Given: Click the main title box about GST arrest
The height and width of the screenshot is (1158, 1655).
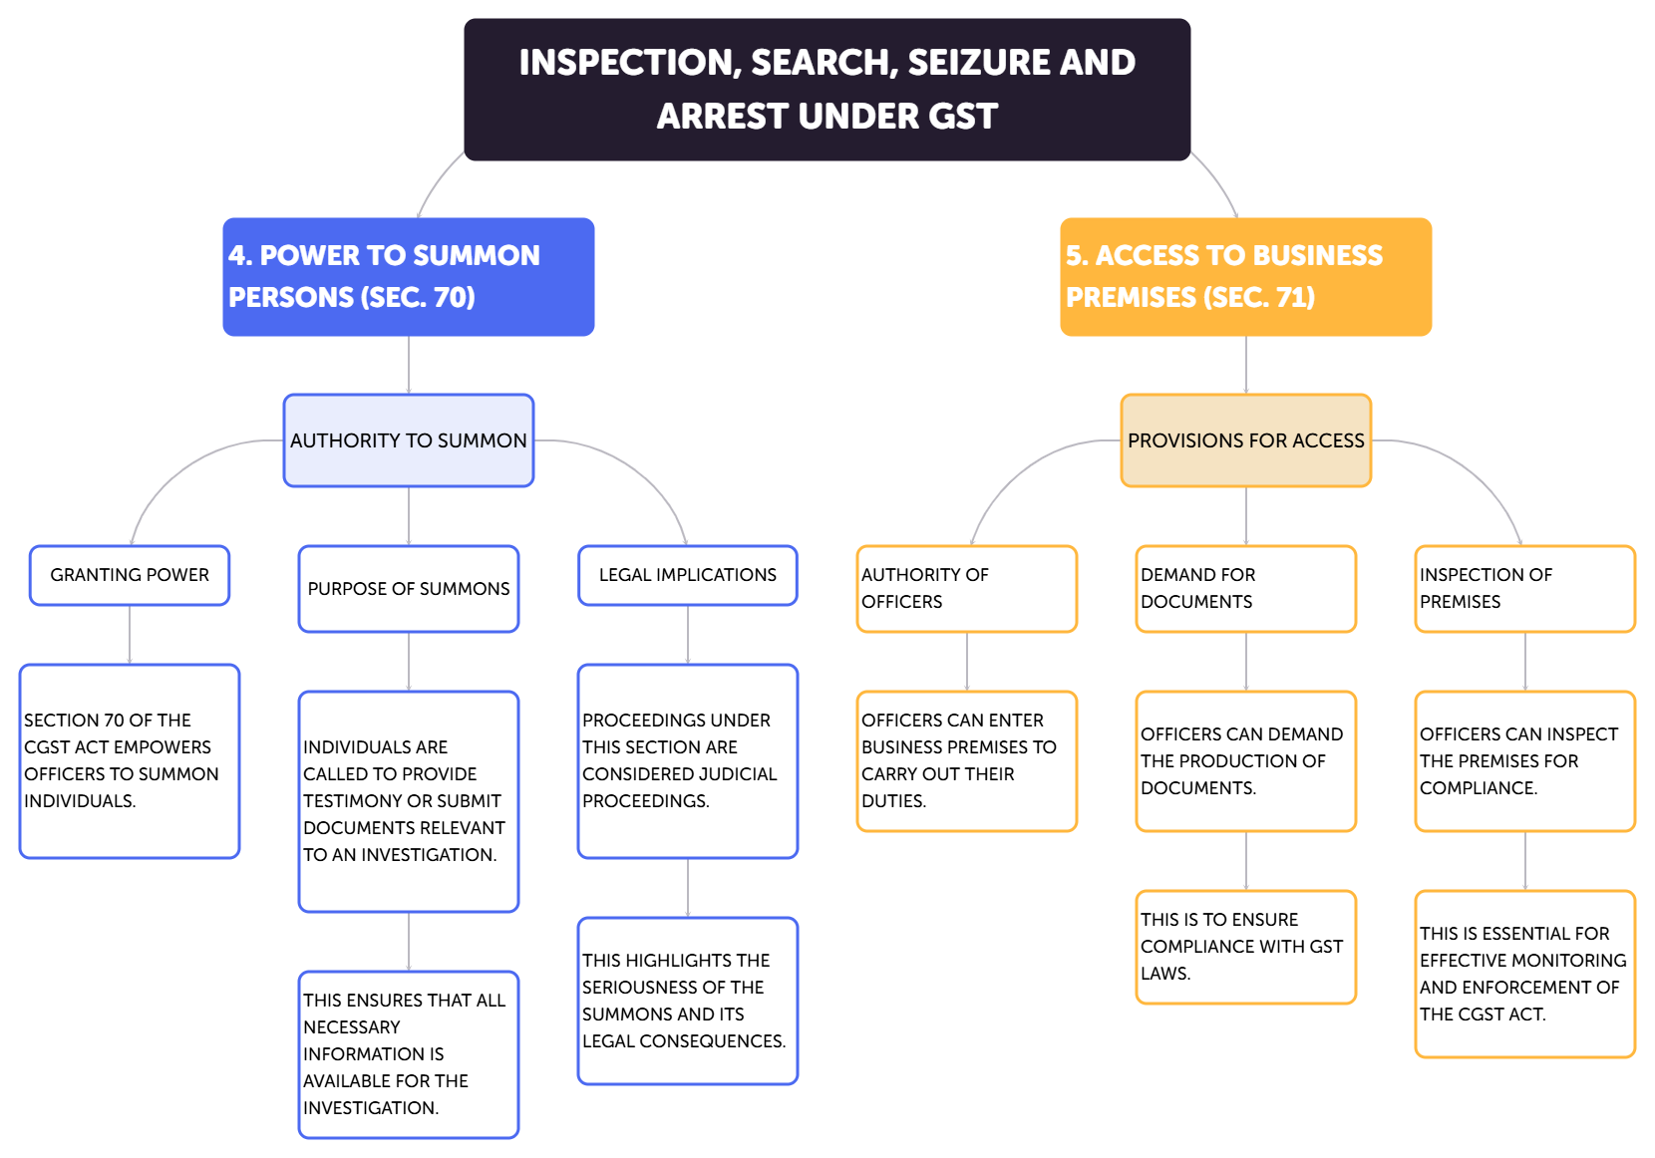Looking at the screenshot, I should [x=827, y=90].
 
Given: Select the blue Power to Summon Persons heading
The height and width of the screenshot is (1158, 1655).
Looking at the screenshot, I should [x=408, y=277].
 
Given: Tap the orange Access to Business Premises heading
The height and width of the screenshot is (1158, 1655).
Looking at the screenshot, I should [x=1245, y=277].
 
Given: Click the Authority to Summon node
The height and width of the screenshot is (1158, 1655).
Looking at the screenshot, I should [x=408, y=440].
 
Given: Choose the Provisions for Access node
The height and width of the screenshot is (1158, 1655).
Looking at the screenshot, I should [x=1245, y=440].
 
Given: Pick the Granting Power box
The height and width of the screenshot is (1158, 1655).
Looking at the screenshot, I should [x=130, y=575].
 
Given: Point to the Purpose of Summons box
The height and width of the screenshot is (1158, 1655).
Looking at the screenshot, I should [x=408, y=589].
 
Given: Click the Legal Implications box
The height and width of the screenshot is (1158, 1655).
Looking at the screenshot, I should [x=687, y=575].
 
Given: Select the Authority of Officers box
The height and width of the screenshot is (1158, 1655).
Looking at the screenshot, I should [x=966, y=588].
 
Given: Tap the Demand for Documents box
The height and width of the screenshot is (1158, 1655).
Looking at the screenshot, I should [x=1245, y=588].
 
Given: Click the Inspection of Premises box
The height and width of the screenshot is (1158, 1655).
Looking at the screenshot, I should [x=1524, y=588].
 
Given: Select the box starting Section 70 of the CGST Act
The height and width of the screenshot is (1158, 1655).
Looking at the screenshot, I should [x=130, y=760].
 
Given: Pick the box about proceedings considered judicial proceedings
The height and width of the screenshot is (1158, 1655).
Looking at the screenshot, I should [x=687, y=760].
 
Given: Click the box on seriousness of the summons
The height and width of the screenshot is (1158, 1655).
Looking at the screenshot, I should [x=687, y=1001].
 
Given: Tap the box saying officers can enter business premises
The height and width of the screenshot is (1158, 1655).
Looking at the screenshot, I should [x=966, y=760].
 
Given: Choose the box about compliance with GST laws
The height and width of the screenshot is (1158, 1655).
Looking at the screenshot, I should [x=1245, y=947].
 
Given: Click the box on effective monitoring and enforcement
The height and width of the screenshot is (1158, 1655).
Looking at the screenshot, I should [x=1524, y=974].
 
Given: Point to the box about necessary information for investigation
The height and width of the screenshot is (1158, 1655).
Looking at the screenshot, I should [x=408, y=1053].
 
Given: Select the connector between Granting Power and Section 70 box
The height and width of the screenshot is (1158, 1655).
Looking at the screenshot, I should [x=130, y=635].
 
